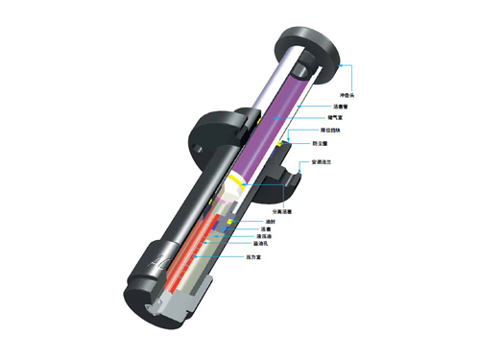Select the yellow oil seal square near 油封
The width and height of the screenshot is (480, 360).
229,223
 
